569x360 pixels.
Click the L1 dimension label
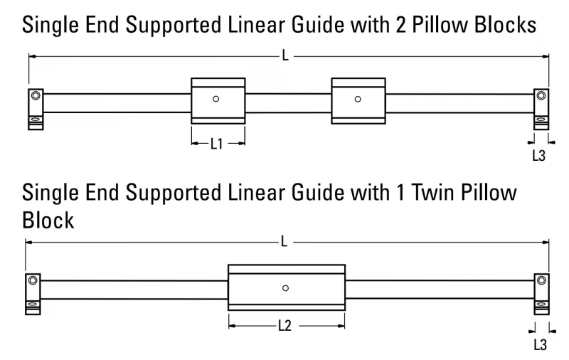click(217, 144)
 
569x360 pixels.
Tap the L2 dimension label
click(285, 326)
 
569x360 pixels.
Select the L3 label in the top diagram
click(539, 156)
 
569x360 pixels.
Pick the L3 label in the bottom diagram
click(541, 344)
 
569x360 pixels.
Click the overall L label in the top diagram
click(286, 56)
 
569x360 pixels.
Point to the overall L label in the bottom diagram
click(284, 241)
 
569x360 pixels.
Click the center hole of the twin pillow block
click(286, 288)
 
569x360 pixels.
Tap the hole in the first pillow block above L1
click(216, 99)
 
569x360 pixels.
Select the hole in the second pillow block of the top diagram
click(358, 99)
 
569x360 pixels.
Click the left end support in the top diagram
click(36, 110)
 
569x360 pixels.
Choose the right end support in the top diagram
click(541, 110)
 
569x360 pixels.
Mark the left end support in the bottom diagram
click(33, 295)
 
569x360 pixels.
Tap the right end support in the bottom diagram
click(542, 295)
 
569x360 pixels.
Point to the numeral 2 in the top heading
click(401, 25)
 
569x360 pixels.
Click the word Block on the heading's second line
click(48, 221)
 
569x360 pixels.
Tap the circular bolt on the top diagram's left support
click(36, 96)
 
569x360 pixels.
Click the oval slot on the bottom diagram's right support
click(542, 304)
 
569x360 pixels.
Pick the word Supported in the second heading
click(174, 193)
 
